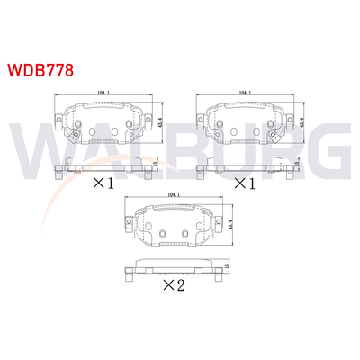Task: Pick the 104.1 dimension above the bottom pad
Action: (175, 194)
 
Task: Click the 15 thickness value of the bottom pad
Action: (227, 266)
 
